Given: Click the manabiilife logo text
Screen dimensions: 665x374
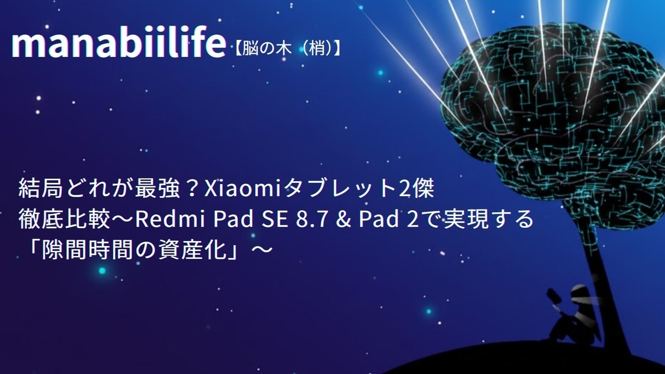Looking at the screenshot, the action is click(119, 44).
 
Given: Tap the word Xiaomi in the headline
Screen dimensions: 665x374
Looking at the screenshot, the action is click(242, 189).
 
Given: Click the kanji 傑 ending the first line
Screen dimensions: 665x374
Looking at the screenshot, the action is click(425, 189).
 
